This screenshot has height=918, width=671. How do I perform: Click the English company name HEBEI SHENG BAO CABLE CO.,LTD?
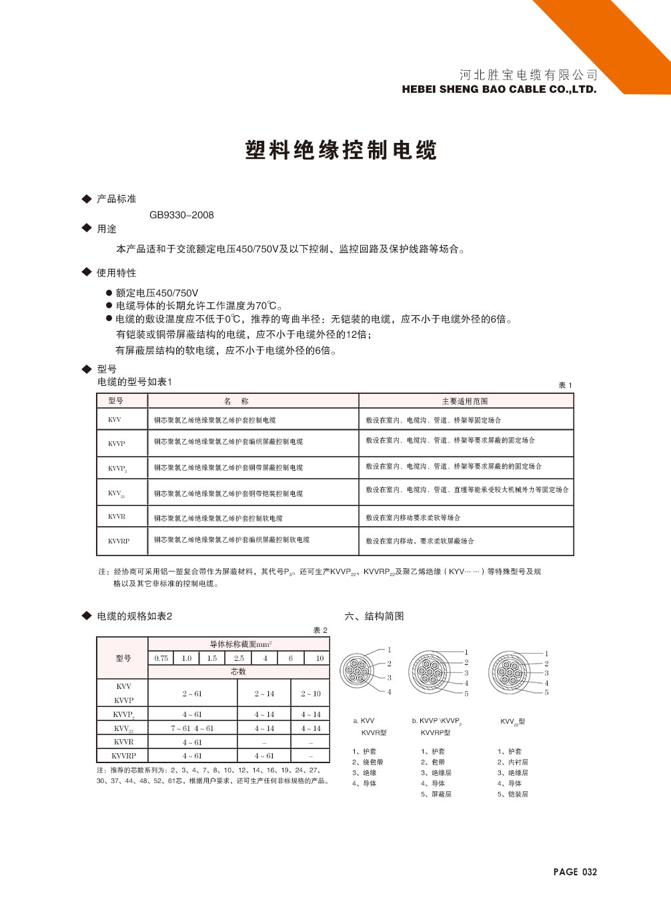pos(499,89)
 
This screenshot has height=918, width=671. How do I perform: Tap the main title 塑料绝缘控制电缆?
pos(341,150)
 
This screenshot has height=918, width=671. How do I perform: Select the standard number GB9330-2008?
pos(181,215)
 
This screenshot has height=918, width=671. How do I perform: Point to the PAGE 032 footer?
pos(575,872)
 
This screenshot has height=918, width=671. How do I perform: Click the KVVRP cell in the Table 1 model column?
pos(119,541)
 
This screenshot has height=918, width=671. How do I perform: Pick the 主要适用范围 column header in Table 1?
pos(465,401)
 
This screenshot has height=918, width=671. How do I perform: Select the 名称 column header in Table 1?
pos(236,401)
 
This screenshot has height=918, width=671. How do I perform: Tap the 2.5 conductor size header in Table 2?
pos(239,658)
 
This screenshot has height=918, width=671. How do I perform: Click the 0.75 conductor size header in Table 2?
pos(161,658)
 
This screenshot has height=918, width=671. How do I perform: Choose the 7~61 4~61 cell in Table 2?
pos(192,728)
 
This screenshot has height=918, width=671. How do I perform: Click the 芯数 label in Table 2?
pos(238,672)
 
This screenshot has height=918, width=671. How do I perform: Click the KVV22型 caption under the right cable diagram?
pos(512,722)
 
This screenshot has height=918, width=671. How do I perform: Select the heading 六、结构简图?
pos(374,616)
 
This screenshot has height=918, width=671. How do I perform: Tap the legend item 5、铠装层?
pos(512,794)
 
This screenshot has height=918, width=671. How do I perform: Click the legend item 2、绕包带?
pos(368,762)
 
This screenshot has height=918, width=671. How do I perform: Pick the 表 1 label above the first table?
pos(565,385)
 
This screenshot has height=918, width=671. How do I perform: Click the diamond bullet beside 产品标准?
pos(86,199)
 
